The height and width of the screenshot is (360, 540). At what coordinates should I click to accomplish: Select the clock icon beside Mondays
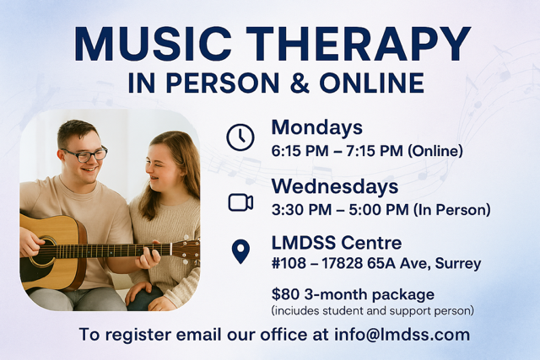(x=240, y=137)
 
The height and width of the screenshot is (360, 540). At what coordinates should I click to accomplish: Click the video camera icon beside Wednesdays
(x=240, y=201)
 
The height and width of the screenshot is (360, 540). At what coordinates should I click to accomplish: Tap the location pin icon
(x=240, y=252)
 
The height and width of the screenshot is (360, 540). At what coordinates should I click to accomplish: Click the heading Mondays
(x=316, y=127)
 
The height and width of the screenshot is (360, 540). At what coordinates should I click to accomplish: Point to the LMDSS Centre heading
(x=337, y=244)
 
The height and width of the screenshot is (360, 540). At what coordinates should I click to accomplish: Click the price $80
(x=284, y=295)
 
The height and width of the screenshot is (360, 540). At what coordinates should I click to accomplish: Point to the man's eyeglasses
(x=85, y=154)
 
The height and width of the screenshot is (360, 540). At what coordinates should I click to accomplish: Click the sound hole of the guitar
(x=42, y=250)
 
